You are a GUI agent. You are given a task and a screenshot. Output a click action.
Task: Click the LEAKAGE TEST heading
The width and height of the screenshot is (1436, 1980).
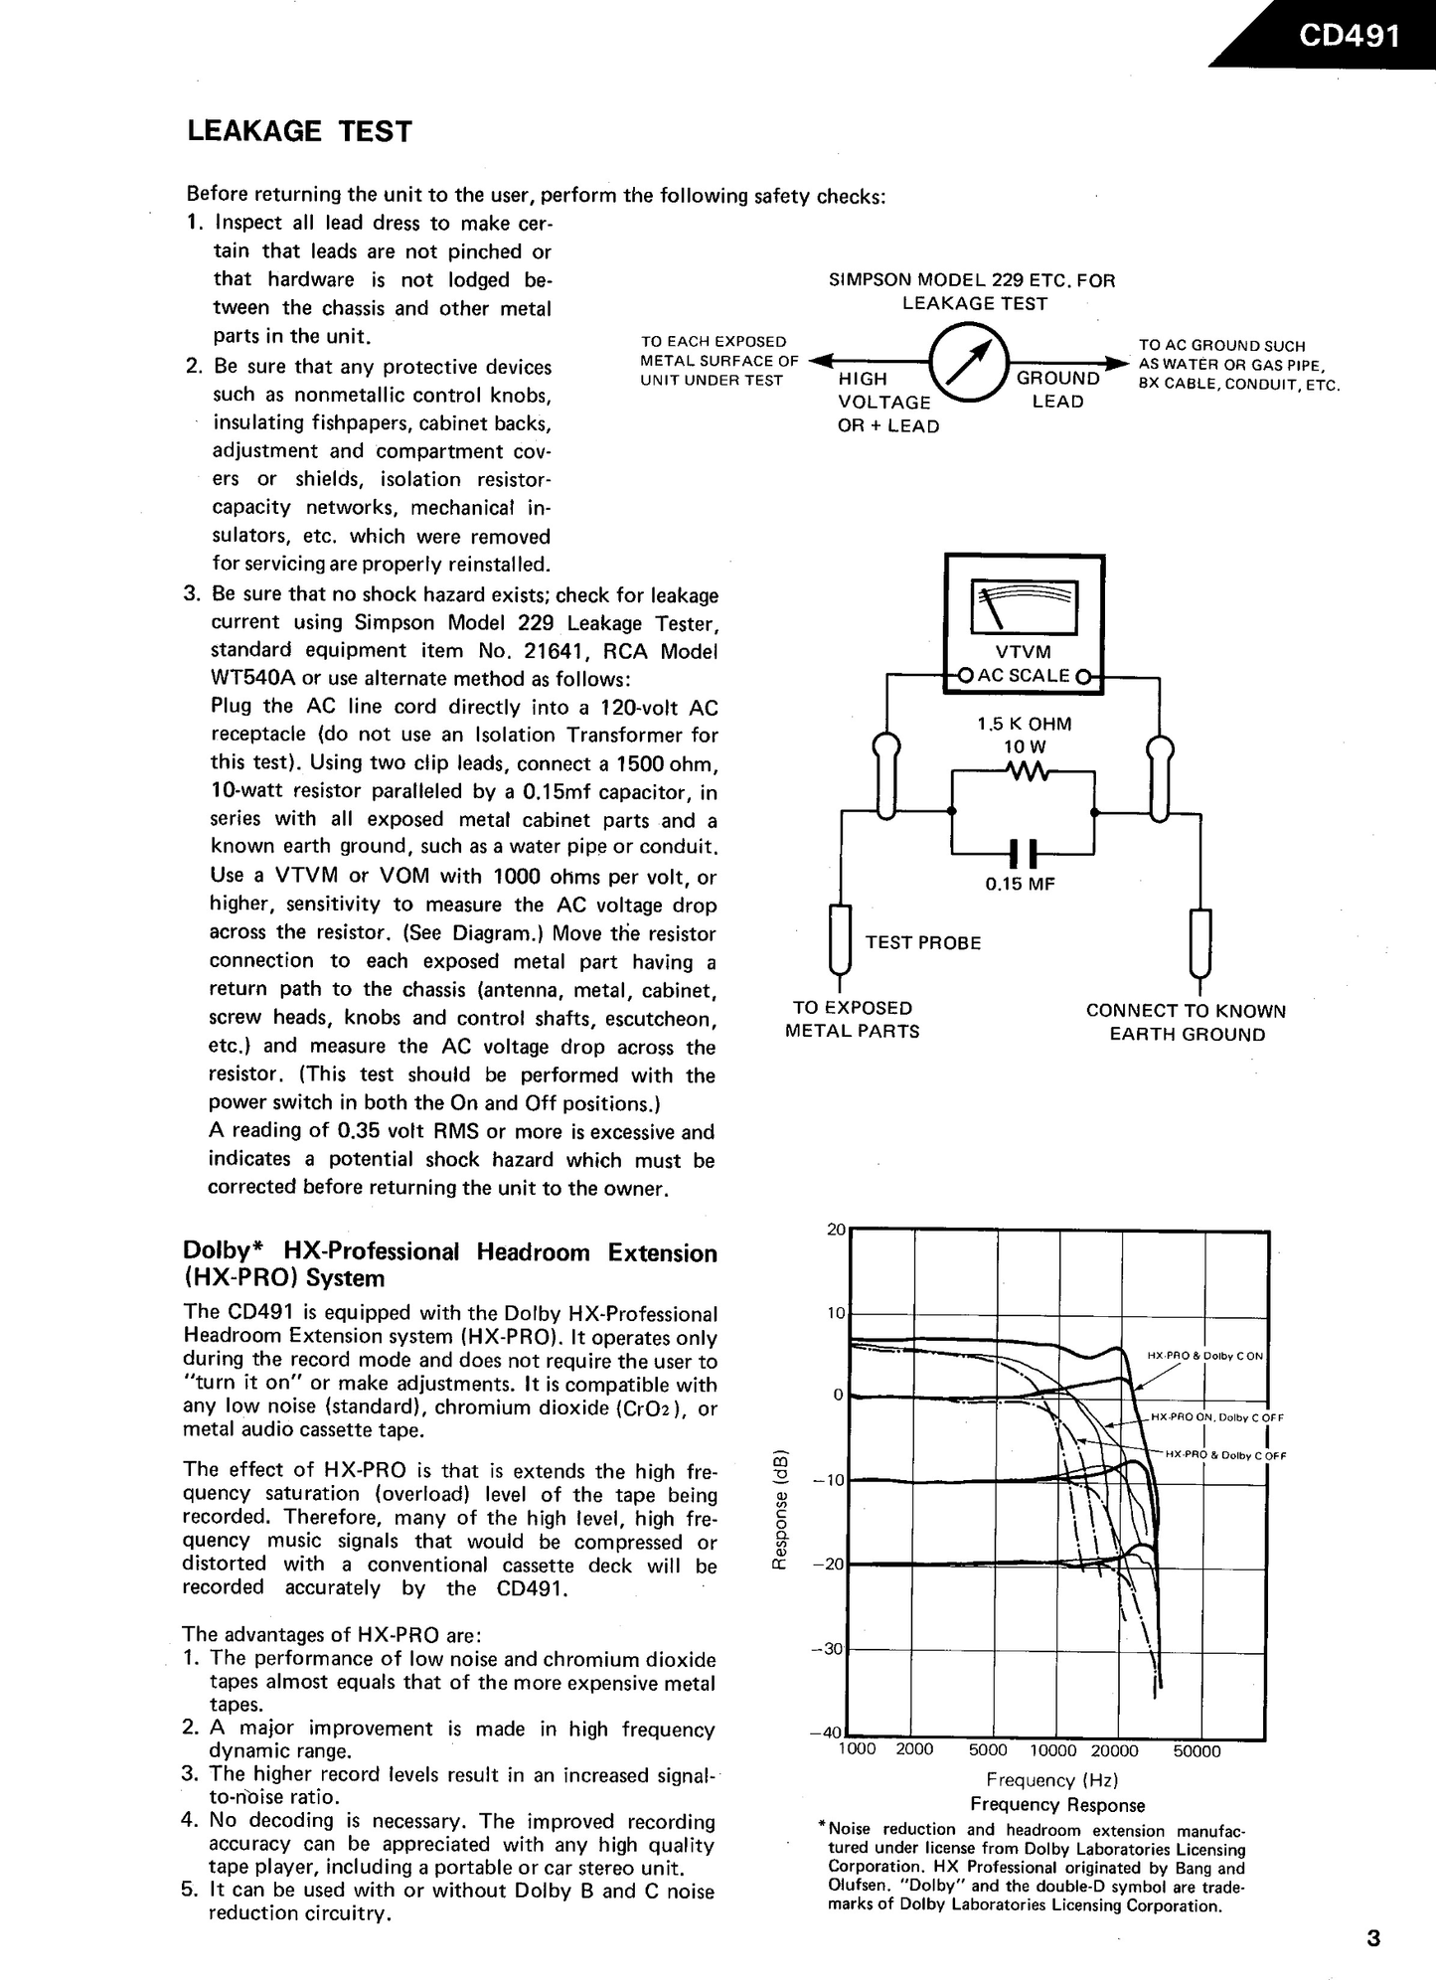(299, 132)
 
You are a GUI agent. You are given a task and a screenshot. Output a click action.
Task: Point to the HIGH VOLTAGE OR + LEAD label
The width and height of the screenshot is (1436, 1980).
(887, 403)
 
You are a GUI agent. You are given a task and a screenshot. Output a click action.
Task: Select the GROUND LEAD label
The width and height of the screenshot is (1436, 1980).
(1057, 390)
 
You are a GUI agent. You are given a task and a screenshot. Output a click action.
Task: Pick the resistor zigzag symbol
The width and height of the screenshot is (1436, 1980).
(1023, 771)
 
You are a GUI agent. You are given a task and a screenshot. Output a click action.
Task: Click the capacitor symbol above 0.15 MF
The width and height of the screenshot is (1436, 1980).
(1023, 853)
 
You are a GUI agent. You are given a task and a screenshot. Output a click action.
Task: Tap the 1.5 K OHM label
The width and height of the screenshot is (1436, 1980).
(1024, 725)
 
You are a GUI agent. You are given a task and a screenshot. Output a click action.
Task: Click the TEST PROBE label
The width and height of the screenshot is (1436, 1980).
(922, 943)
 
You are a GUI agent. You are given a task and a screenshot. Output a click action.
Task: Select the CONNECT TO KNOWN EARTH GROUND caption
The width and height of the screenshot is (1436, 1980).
(1187, 1023)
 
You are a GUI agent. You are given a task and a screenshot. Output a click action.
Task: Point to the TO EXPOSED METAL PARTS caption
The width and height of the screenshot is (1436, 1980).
(853, 1020)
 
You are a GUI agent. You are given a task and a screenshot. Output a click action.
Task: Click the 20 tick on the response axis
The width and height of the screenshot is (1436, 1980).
(836, 1231)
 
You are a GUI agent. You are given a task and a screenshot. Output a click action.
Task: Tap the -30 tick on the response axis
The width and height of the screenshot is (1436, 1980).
(832, 1648)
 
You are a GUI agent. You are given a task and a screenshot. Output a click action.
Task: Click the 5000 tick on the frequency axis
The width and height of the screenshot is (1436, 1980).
(988, 1750)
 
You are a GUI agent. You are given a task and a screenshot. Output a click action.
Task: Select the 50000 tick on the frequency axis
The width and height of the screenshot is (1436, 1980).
(1197, 1751)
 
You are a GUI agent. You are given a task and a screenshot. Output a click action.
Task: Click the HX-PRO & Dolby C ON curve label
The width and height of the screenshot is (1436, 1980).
(1204, 1356)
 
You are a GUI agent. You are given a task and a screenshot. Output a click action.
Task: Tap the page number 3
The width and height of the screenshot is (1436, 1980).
(1373, 1938)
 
